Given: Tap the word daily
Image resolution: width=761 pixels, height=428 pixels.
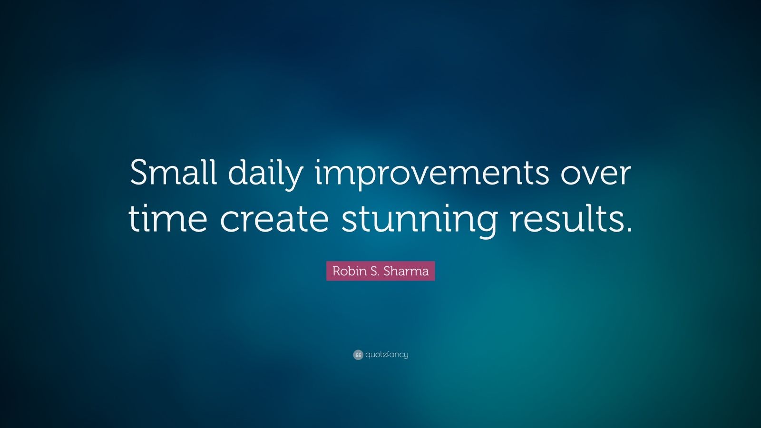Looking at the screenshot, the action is [x=265, y=175].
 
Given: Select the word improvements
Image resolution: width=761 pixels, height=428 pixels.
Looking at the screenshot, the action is [x=432, y=175].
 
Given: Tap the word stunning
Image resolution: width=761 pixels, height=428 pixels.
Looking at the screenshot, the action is [x=420, y=221].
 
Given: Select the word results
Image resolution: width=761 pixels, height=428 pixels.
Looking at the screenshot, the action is [x=568, y=219].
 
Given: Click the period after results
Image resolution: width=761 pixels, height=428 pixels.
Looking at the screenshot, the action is [x=628, y=230].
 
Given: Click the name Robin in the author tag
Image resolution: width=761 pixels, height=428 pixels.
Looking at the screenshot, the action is [x=349, y=271].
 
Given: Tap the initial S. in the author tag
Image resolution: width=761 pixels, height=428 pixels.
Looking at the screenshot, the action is [x=375, y=271].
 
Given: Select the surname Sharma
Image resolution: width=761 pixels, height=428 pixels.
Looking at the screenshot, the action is [x=406, y=271].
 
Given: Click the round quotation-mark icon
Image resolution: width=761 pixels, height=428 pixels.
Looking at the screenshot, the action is [x=358, y=355].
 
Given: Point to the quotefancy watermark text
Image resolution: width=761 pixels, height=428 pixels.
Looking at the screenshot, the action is [x=387, y=355].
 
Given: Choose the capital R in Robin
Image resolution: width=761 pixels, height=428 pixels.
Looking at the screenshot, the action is [x=336, y=271].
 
